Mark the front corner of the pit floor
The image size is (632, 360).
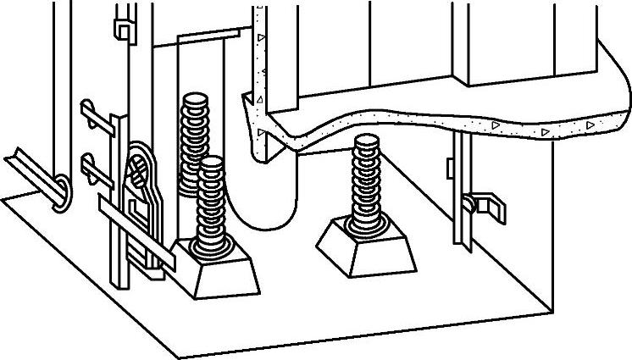(x=175, y=355)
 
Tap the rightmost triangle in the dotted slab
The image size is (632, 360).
(x=590, y=125)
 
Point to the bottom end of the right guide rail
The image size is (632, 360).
(x=463, y=246)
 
